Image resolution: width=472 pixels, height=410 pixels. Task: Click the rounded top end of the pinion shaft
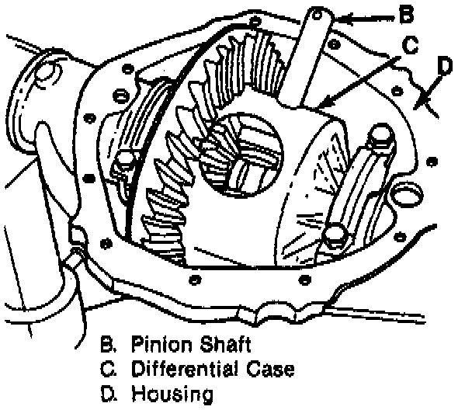(318, 16)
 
